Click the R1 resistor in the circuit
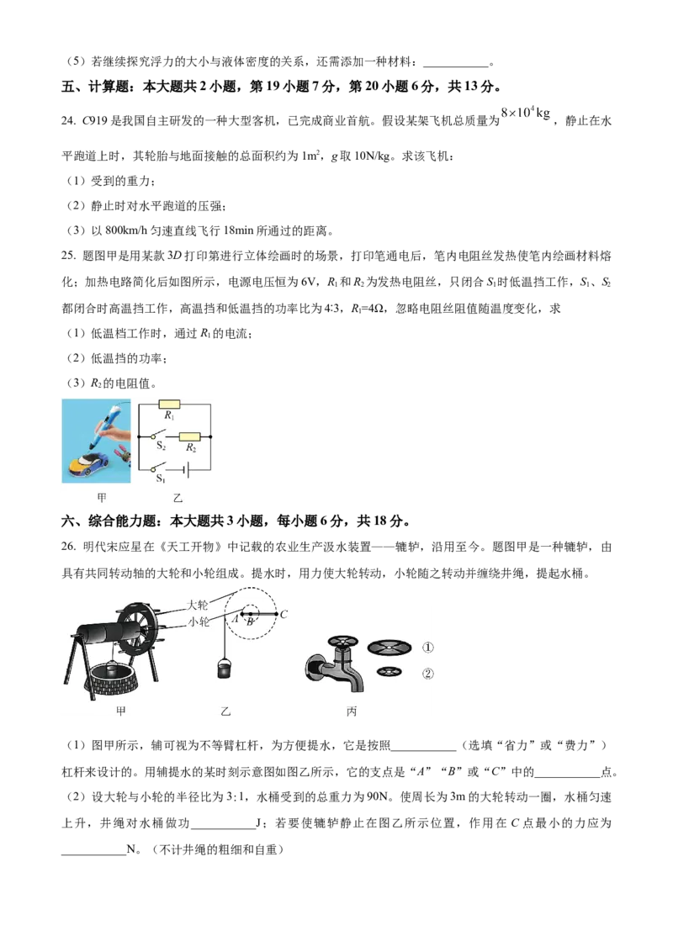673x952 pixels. [x=169, y=404]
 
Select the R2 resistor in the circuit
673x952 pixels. [x=190, y=436]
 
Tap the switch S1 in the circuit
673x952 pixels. [x=159, y=468]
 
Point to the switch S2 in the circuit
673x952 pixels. [x=159, y=434]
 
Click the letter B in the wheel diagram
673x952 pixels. [x=250, y=621]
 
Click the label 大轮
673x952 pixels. [x=198, y=604]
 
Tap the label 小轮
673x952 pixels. [x=198, y=621]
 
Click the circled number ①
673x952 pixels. [x=427, y=648]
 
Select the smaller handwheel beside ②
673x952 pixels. [x=389, y=671]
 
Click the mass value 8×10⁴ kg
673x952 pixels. [x=526, y=113]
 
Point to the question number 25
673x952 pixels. [x=68, y=257]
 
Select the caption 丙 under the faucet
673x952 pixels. [x=351, y=711]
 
